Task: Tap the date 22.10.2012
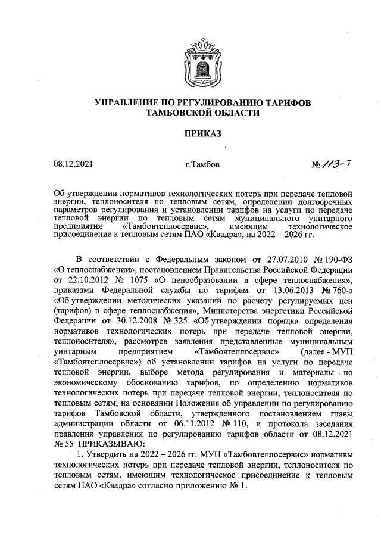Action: coord(89,297)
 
